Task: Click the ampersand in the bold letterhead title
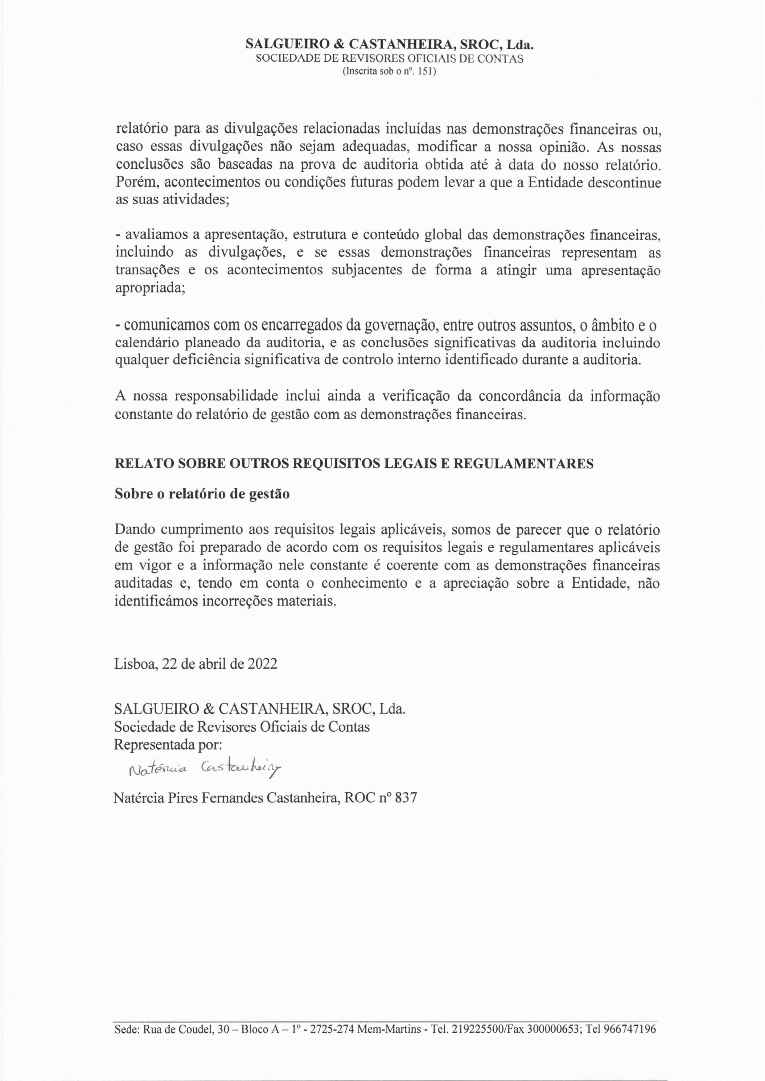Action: pos(339,45)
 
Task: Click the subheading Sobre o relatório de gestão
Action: pos(202,494)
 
